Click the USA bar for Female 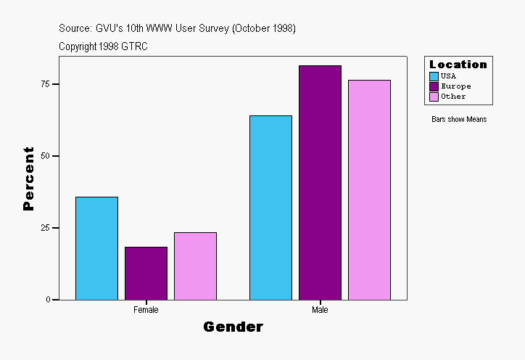pos(96,248)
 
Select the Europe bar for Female pos(146,273)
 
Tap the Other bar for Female pos(195,266)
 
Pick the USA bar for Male pos(270,208)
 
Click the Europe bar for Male pos(320,182)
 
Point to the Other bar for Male pos(369,189)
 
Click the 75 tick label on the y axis pos(45,84)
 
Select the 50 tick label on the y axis pos(45,156)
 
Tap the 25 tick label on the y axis pos(45,228)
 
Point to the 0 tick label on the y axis pos(48,300)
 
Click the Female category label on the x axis pos(146,310)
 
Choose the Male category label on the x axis pos(320,310)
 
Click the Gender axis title pos(233,327)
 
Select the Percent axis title pos(28,179)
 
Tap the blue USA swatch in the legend pos(434,76)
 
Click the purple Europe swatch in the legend pos(434,86)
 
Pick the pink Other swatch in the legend pos(434,97)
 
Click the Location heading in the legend pos(458,65)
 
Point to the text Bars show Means pos(459,120)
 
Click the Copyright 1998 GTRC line pos(104,46)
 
